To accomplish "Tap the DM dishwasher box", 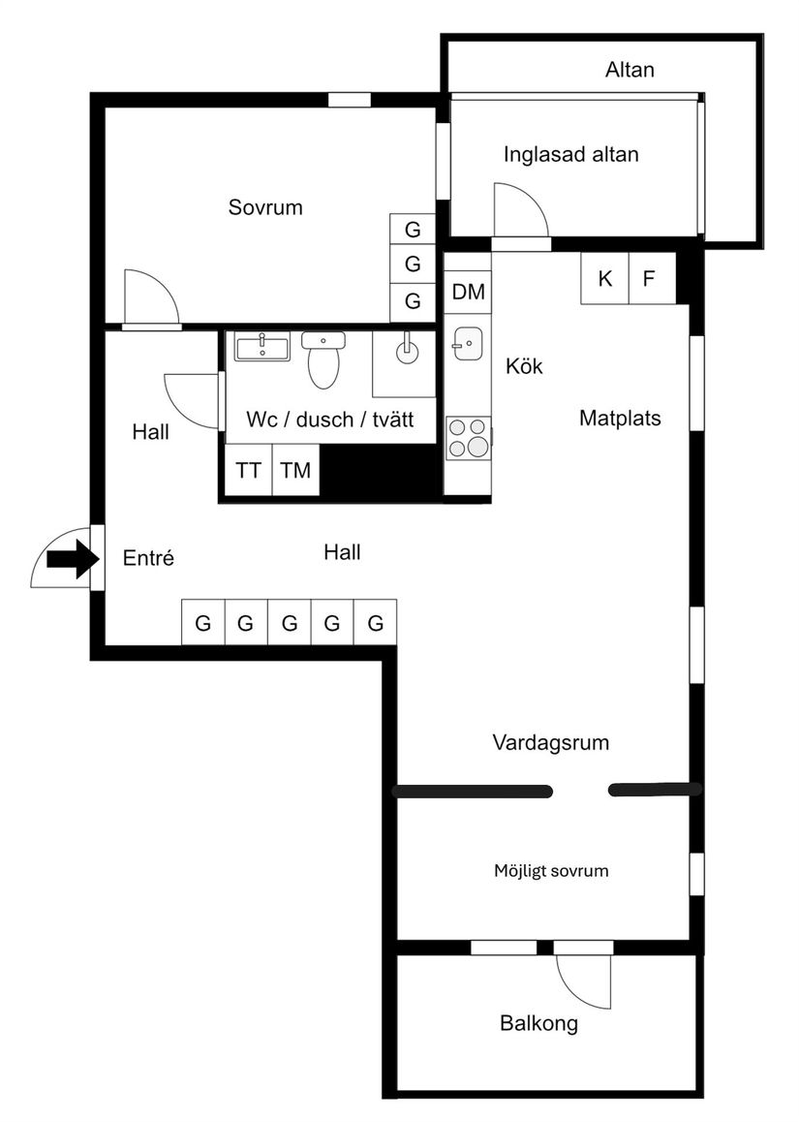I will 468,292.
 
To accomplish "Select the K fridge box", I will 605,279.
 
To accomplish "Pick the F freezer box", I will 650,279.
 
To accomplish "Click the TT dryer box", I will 248,471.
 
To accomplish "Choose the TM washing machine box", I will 295,471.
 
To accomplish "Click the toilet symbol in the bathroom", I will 323,360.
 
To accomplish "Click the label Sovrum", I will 265,207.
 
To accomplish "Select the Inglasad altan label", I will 570,154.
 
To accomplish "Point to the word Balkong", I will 538,1023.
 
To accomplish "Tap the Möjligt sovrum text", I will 551,870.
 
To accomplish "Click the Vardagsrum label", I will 551,743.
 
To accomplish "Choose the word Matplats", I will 620,419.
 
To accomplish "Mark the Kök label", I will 524,366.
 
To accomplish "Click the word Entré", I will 149,558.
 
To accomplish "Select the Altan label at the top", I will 630,70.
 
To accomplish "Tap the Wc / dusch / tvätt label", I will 330,420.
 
